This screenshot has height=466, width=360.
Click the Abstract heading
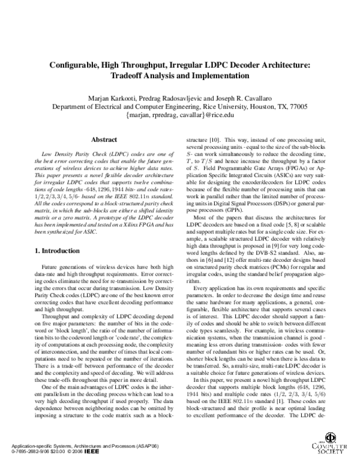coord(103,139)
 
